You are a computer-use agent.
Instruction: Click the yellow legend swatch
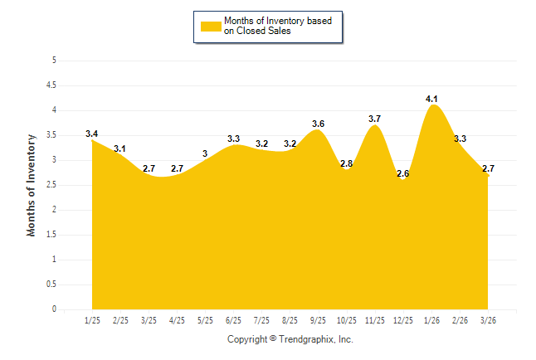(x=211, y=26)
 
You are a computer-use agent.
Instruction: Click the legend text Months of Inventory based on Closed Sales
(x=278, y=26)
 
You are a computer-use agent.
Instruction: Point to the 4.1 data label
(x=431, y=99)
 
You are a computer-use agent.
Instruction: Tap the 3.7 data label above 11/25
(x=374, y=119)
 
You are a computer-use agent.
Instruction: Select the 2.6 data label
(x=403, y=173)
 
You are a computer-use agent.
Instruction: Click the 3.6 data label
(x=318, y=124)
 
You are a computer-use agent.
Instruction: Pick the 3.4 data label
(x=91, y=134)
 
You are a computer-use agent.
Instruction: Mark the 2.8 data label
(x=346, y=163)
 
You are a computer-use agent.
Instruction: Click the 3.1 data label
(x=119, y=148)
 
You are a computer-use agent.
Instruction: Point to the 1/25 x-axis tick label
(x=92, y=320)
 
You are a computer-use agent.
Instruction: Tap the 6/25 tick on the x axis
(x=233, y=320)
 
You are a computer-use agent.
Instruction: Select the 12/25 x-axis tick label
(x=403, y=320)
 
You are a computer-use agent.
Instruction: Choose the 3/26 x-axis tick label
(x=488, y=320)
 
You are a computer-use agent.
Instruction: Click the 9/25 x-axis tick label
(x=318, y=320)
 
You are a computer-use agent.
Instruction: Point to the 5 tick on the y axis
(x=54, y=61)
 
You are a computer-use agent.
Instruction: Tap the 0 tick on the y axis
(x=54, y=309)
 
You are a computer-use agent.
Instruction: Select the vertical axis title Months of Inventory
(x=32, y=185)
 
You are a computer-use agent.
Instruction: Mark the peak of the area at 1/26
(x=431, y=105)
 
